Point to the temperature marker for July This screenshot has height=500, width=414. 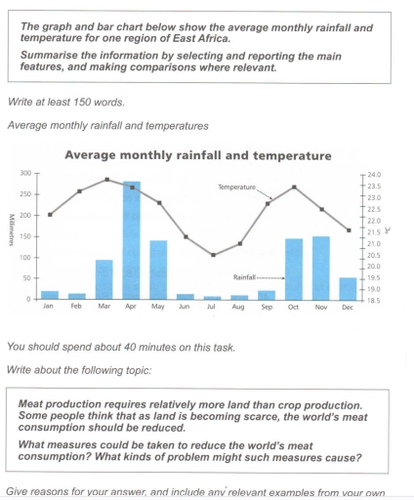pos(214,255)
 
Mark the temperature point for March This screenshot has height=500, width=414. pos(104,180)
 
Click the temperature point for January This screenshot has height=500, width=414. pos(50,214)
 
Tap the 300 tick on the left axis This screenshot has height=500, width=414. pos(25,173)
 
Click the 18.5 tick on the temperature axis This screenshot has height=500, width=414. pos(374,299)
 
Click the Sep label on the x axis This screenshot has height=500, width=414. pos(267,307)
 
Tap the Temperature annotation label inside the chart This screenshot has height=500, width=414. pos(235,186)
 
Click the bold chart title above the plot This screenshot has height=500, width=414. pos(197,155)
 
